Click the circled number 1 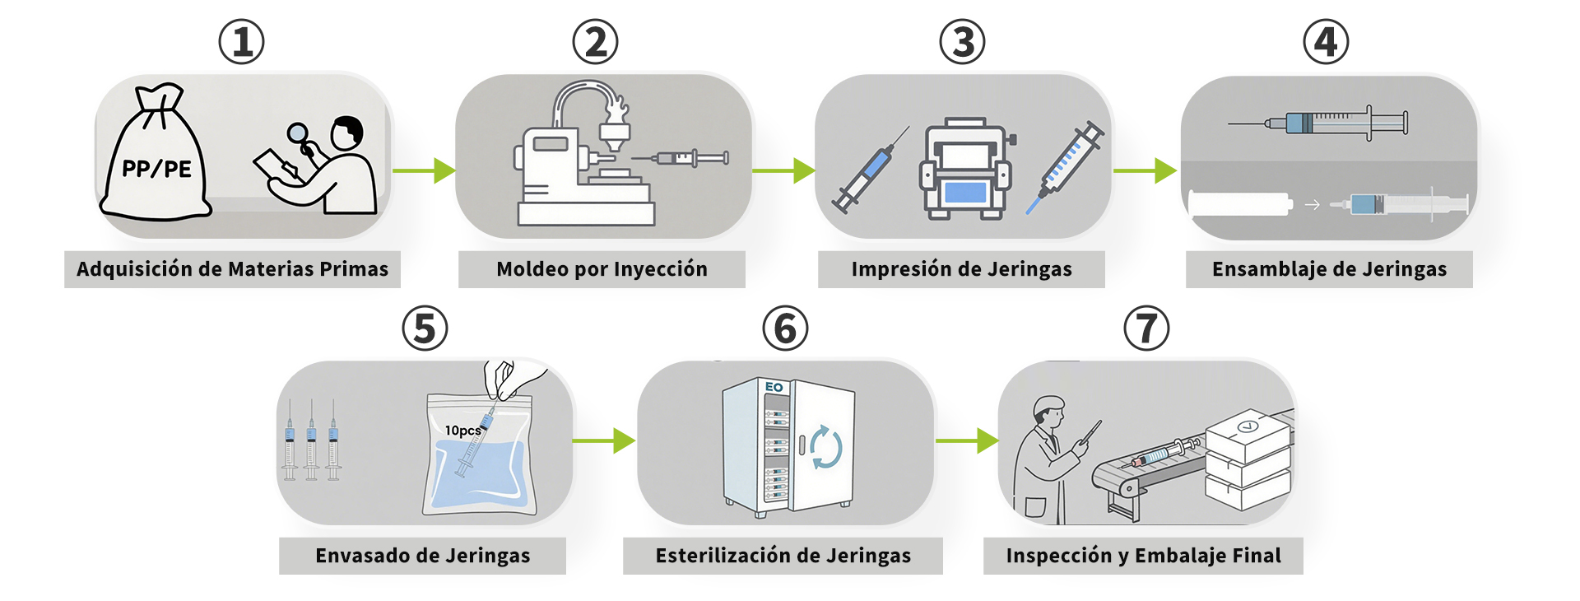click(x=241, y=42)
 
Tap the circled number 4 click(x=1326, y=42)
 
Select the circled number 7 click(x=1146, y=328)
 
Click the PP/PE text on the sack click(x=156, y=169)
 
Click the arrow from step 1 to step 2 click(x=424, y=170)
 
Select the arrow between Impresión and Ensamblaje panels click(x=1145, y=170)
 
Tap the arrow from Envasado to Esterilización click(x=604, y=440)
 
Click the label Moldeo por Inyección click(x=602, y=269)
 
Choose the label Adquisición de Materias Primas click(x=232, y=269)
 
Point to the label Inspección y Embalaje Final click(x=1143, y=556)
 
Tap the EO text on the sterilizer click(x=774, y=387)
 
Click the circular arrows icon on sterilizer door click(x=825, y=447)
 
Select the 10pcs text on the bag click(x=462, y=430)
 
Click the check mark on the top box click(x=1248, y=426)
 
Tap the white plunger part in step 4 click(x=1238, y=204)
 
